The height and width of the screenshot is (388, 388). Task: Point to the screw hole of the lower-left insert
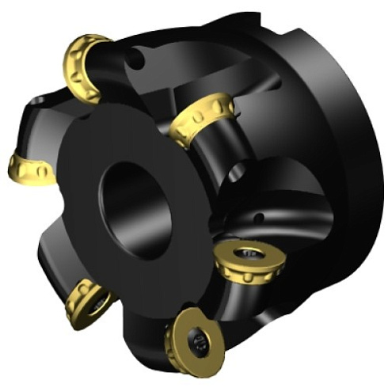[x=97, y=302]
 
